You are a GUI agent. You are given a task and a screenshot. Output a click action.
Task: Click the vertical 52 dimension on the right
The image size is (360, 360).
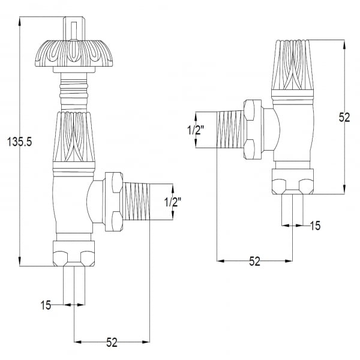pyautogui.click(x=344, y=118)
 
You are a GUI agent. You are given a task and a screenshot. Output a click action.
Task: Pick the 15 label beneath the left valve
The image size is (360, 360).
pyautogui.click(x=46, y=305)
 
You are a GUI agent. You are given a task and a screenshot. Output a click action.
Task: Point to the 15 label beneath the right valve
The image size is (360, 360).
pyautogui.click(x=315, y=226)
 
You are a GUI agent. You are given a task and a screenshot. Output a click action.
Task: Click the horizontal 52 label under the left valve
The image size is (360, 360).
pyautogui.click(x=112, y=343)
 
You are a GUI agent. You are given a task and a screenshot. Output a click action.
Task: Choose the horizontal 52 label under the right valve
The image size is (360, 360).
pyautogui.click(x=254, y=262)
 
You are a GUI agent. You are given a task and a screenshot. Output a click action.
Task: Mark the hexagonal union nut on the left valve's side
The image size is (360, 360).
pyautogui.click(x=113, y=202)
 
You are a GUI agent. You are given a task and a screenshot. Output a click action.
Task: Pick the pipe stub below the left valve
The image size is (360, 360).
pyautogui.click(x=73, y=286)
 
